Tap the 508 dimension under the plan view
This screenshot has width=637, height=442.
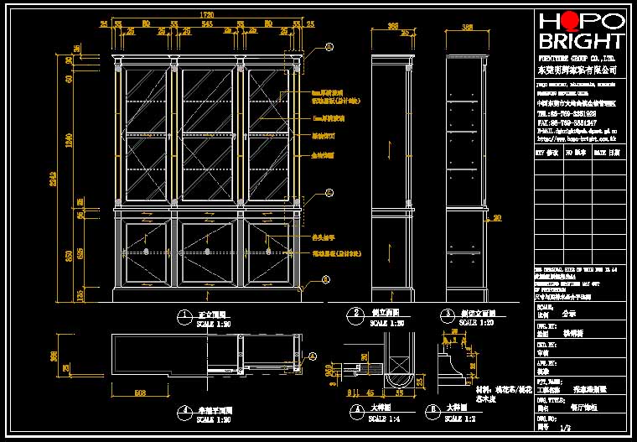click(x=141, y=392)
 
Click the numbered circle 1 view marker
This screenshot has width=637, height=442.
click(x=183, y=316)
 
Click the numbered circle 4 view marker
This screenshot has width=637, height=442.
click(x=183, y=411)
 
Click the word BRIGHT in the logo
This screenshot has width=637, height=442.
click(x=582, y=41)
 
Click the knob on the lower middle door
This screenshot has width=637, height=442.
click(x=206, y=252)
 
